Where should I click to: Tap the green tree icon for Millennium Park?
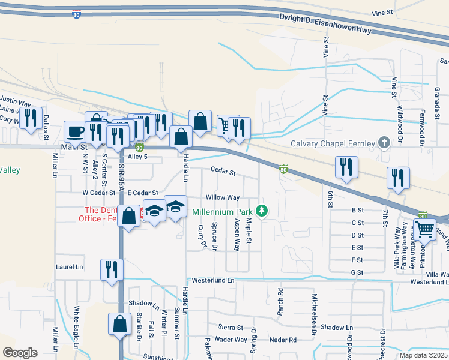(x=261, y=211)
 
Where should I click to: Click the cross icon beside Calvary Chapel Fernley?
(x=384, y=143)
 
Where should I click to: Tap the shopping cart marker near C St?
(x=425, y=228)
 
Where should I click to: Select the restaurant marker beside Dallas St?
(x=31, y=118)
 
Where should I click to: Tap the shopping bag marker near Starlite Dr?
(x=119, y=323)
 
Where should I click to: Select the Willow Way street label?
(x=223, y=197)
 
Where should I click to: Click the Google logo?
(x=20, y=353)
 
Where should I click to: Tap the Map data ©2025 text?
(x=423, y=355)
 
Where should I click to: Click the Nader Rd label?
(x=283, y=340)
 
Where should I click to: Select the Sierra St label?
(x=231, y=328)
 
